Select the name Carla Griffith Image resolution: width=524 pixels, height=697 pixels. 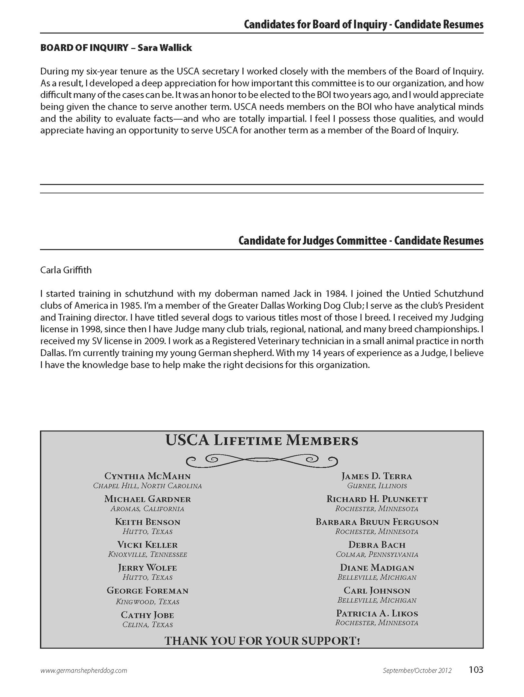click(x=66, y=270)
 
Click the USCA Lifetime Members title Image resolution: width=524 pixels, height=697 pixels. click(x=262, y=441)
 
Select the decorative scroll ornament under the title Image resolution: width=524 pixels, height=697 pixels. click(x=262, y=461)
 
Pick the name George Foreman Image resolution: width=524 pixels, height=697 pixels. click(x=148, y=591)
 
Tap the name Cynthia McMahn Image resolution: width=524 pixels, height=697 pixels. click(x=148, y=476)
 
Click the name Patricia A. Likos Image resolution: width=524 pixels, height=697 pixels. click(x=377, y=613)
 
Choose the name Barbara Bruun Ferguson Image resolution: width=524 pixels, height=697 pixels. click(x=377, y=522)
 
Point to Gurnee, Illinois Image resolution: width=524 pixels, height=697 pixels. click(x=377, y=486)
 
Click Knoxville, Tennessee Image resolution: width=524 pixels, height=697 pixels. click(x=148, y=554)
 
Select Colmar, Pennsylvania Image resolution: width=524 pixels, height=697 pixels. click(x=377, y=554)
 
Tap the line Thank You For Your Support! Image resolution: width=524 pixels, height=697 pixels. click(x=262, y=641)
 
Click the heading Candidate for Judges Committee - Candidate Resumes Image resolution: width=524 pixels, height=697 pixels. click(x=361, y=241)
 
